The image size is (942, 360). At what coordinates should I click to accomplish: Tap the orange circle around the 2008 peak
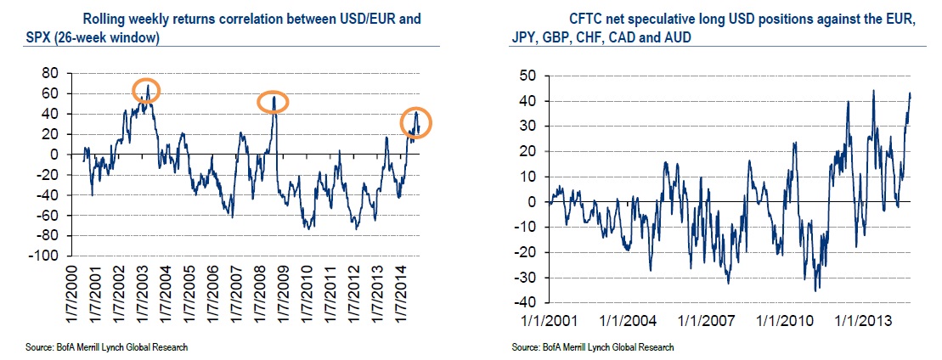(274, 102)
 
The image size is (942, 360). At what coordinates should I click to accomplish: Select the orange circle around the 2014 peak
(416, 123)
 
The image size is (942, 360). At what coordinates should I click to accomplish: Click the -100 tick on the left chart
(53, 256)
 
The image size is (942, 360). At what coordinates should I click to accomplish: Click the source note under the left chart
(106, 348)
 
